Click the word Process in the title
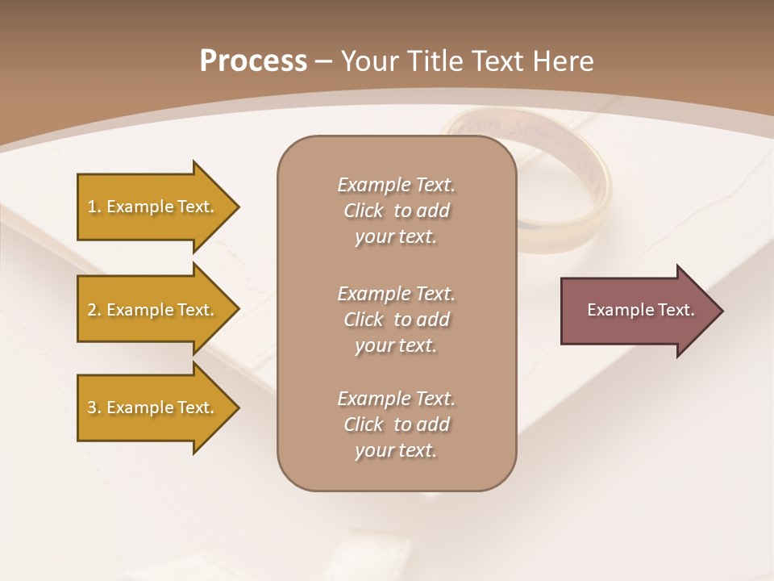253,61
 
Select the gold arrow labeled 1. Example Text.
153,207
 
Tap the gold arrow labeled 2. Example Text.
153,310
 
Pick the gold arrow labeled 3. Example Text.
153,408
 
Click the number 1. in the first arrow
94,207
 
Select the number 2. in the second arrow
94,310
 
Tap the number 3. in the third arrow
94,408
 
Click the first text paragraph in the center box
396,211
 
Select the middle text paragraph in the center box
396,319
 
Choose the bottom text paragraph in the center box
396,424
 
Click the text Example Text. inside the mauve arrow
640,310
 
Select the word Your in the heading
368,61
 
